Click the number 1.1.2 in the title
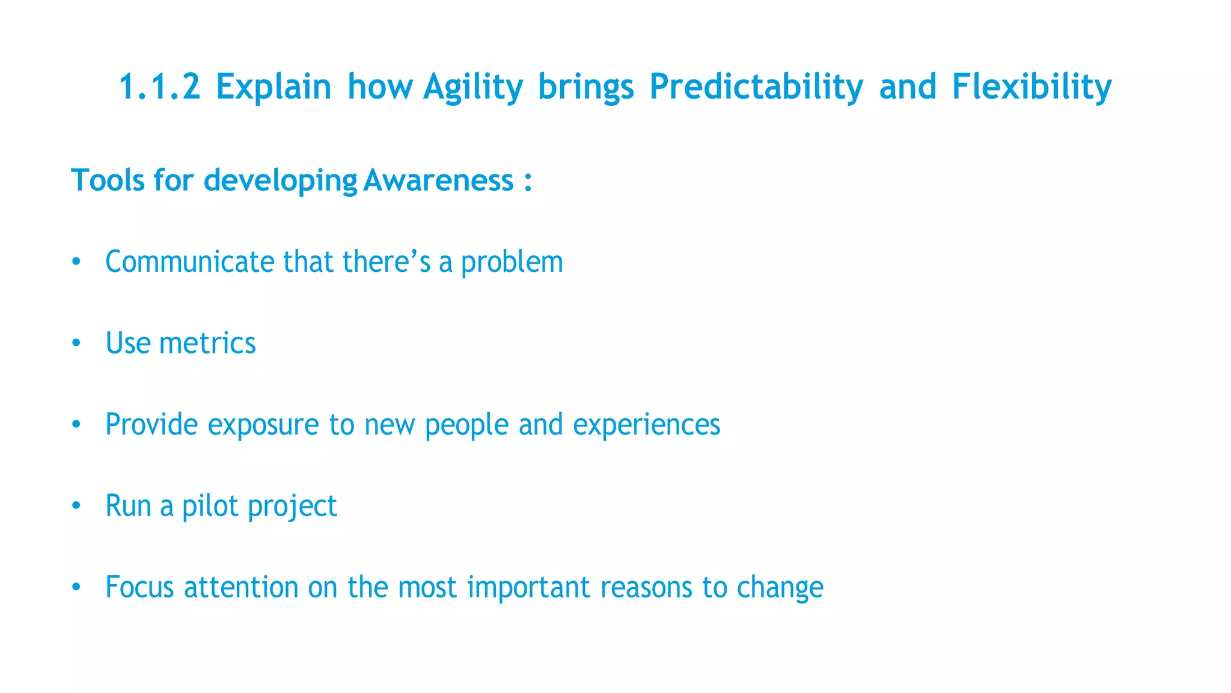point(159,86)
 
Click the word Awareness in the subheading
point(438,180)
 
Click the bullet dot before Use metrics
point(76,343)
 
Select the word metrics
point(207,343)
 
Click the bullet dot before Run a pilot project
point(76,506)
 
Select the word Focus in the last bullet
point(139,587)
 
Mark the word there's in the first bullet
point(386,262)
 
